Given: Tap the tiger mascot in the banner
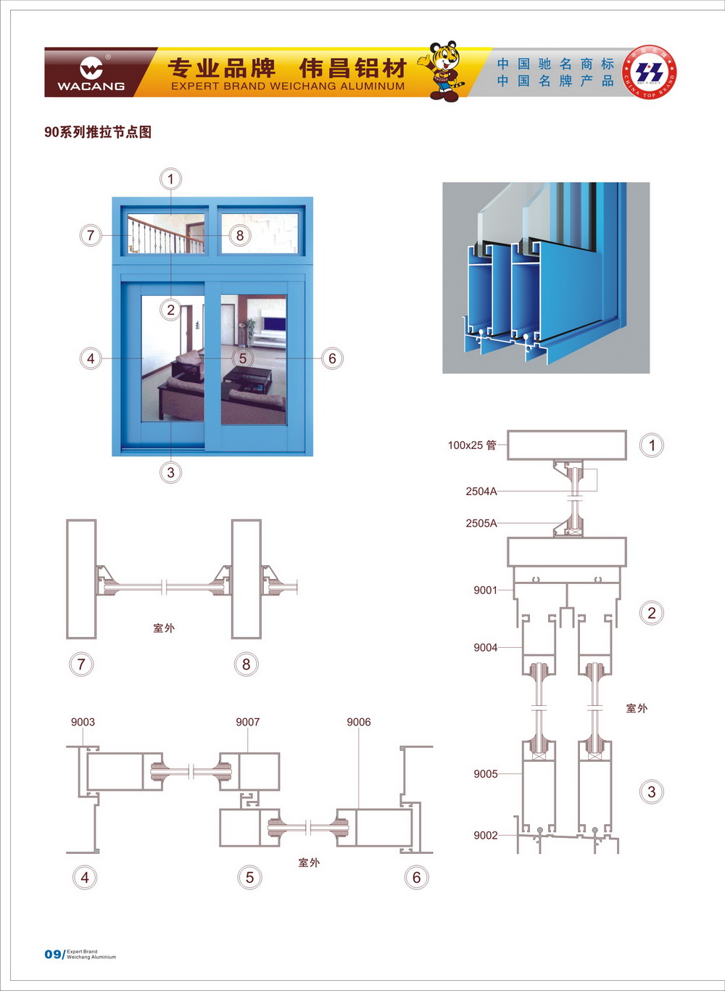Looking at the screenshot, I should [x=444, y=70].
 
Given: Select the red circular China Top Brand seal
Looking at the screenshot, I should [x=650, y=73].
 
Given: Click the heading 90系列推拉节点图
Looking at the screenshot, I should [x=98, y=132].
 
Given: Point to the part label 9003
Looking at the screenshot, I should [x=83, y=722].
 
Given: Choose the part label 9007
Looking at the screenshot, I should [x=247, y=722].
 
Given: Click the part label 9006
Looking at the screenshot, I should [x=358, y=722].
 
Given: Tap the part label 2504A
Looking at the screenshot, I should [x=481, y=491].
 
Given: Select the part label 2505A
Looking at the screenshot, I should [x=481, y=523].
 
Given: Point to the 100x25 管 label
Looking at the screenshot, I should [x=472, y=445].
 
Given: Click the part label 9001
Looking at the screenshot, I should [x=485, y=590].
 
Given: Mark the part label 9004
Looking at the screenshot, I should [x=485, y=647].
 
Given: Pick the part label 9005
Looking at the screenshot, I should [x=485, y=773].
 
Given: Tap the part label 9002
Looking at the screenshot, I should [x=485, y=835].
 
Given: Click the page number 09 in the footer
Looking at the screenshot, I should [x=53, y=954].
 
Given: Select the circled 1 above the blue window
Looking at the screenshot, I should [x=171, y=179].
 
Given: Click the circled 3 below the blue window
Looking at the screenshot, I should [x=171, y=472].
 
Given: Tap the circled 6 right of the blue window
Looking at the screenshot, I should [x=332, y=358].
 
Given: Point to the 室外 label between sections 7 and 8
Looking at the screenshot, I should [x=164, y=628].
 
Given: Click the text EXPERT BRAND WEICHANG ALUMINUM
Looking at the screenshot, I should [x=288, y=86].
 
